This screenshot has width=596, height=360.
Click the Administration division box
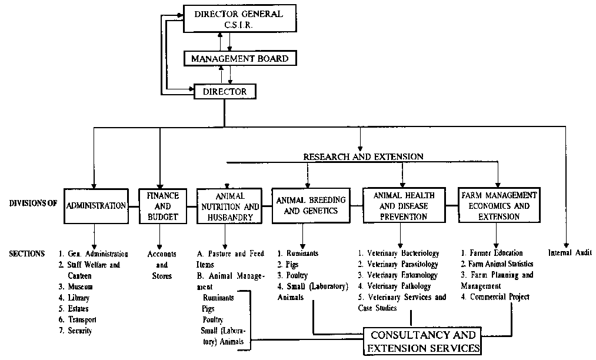(x=96, y=206)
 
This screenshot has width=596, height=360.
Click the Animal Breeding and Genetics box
(x=310, y=206)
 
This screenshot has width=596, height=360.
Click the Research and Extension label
(x=363, y=157)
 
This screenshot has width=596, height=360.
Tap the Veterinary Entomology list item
(x=398, y=275)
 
